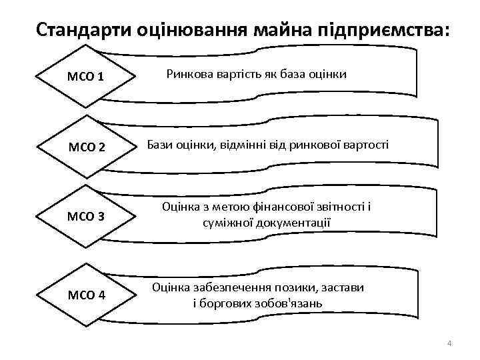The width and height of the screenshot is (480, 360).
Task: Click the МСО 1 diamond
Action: (85, 77)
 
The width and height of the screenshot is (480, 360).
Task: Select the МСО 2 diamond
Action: (85, 147)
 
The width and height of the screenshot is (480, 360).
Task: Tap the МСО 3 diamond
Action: (85, 217)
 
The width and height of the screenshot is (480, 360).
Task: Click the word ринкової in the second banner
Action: (316, 144)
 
